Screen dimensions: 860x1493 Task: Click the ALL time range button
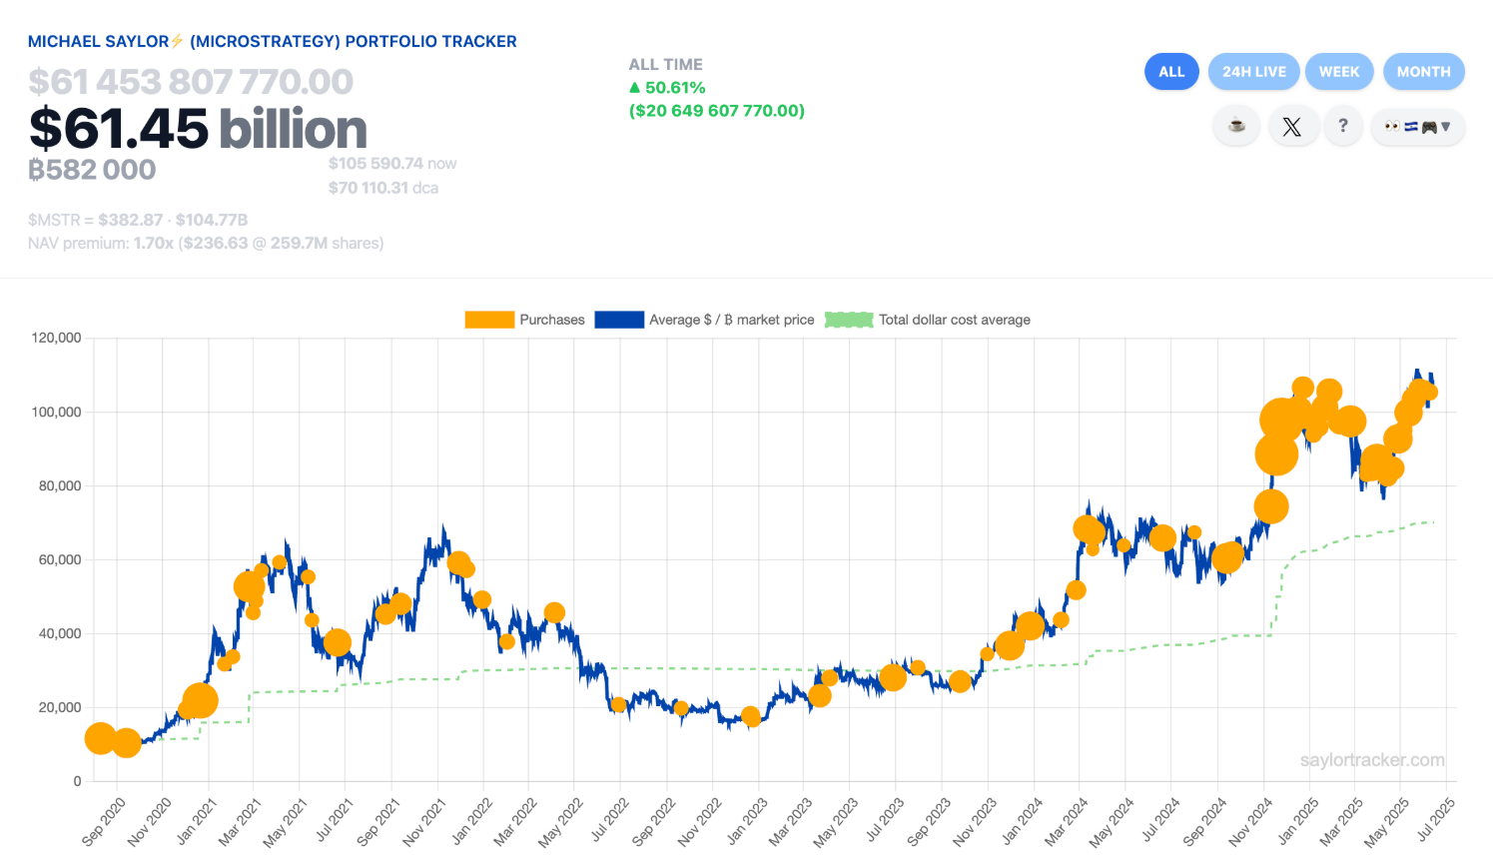[1171, 72]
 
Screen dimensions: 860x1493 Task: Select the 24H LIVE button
[1254, 72]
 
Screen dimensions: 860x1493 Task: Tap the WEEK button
[1339, 72]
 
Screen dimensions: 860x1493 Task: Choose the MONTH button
[1423, 72]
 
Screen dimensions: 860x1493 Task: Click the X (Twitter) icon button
[1291, 127]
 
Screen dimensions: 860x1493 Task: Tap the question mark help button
[1343, 126]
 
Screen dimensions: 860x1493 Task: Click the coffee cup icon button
[1236, 126]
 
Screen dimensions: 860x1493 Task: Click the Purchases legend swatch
[489, 320]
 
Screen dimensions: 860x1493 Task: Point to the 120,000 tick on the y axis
[57, 338]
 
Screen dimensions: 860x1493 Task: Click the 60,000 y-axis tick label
[60, 559]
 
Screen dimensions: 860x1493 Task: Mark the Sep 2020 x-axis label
[105, 821]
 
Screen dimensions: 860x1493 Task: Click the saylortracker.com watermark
[1372, 760]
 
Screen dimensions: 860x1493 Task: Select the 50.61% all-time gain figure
[675, 88]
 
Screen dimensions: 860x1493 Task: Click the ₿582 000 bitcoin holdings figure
[92, 170]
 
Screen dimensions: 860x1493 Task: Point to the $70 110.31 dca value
[382, 188]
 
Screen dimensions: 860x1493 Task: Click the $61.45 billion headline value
[198, 129]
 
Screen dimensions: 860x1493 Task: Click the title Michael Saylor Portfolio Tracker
[272, 42]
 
